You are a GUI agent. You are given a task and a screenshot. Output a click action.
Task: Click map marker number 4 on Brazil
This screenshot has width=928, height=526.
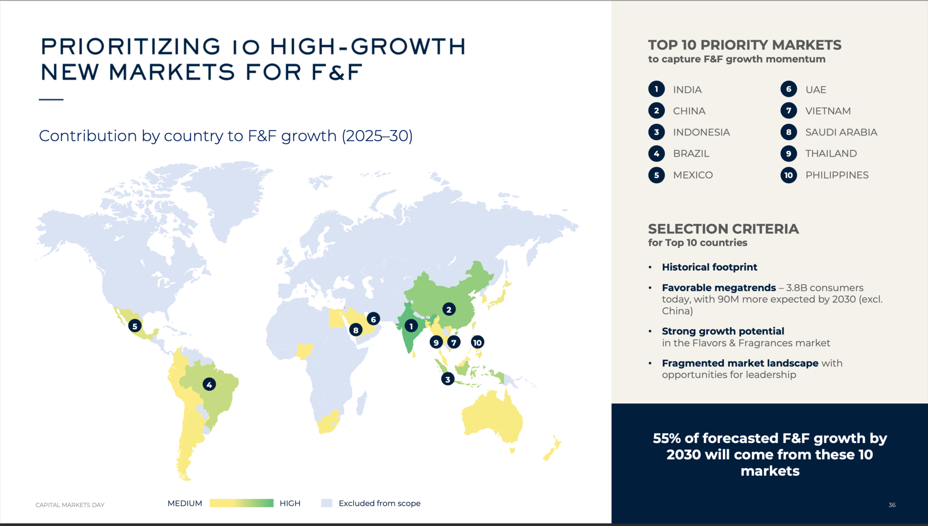point(209,384)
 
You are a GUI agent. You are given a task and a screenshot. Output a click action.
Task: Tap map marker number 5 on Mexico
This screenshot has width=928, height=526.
point(135,326)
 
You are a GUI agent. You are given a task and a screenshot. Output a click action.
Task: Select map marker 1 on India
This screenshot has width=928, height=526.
point(411,326)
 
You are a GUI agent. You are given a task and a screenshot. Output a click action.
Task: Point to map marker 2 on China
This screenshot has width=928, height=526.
point(449,309)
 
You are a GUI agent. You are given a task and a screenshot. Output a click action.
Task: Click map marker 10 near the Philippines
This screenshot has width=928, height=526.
point(478,342)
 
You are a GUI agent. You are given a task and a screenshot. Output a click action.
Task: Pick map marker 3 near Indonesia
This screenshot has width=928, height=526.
point(448,379)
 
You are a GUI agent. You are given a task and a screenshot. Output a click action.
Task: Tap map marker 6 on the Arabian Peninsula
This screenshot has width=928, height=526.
point(373,319)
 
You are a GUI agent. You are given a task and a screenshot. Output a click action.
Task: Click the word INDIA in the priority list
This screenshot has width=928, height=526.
point(687,90)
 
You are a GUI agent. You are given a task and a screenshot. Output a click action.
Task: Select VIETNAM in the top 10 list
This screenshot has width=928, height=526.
point(828,111)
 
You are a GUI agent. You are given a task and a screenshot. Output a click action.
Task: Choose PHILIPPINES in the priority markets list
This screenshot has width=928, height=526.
point(837,175)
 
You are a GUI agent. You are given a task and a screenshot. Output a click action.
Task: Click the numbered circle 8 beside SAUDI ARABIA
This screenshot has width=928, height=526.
point(789,132)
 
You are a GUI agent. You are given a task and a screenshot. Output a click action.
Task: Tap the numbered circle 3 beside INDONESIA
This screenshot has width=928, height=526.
point(656,132)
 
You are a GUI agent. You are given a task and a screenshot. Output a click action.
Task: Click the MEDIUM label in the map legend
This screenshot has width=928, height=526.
point(185,503)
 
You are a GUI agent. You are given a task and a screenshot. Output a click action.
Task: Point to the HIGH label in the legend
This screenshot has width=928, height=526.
point(290,503)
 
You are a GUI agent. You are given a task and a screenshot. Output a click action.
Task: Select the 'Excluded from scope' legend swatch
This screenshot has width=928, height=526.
point(327,503)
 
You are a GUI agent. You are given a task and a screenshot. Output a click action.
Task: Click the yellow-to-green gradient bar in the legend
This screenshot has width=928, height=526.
point(242,503)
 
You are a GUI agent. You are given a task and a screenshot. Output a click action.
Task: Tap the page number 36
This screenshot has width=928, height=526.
point(892,505)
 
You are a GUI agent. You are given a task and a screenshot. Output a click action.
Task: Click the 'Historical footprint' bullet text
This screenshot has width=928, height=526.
point(710,267)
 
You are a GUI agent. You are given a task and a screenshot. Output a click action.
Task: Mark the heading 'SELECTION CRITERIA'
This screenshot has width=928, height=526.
point(724,229)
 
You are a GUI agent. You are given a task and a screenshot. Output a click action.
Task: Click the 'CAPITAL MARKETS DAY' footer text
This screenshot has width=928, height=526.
point(70,505)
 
